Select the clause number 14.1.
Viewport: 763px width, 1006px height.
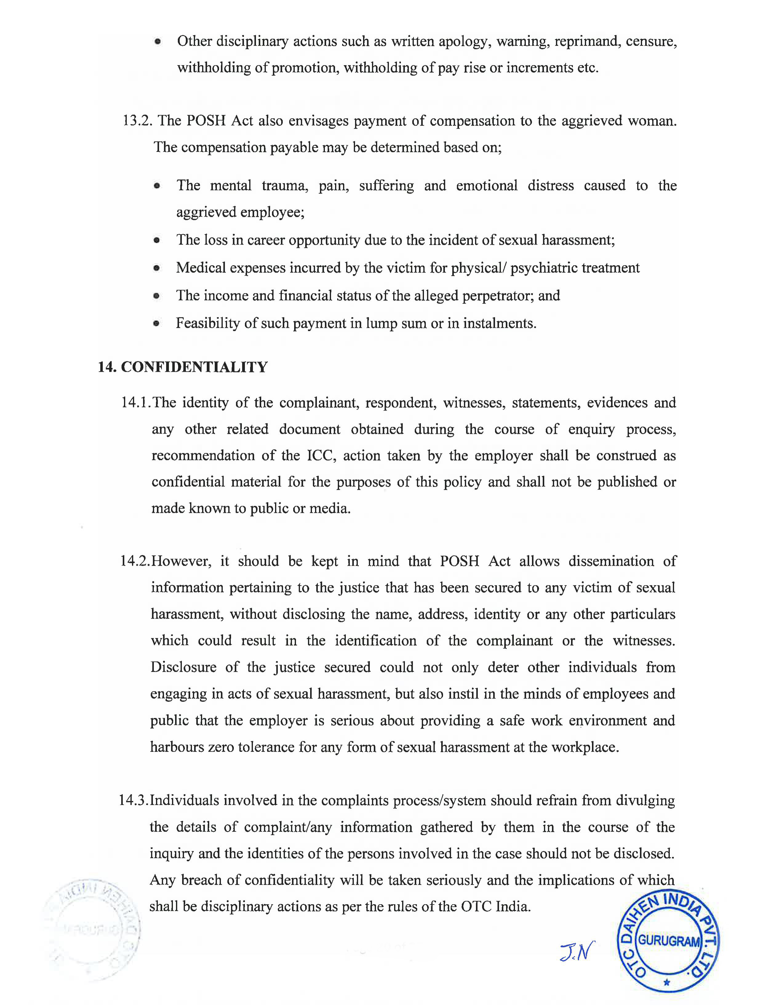[x=135, y=403]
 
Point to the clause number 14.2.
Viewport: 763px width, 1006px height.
[x=134, y=561]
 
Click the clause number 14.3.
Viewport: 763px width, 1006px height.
[x=134, y=800]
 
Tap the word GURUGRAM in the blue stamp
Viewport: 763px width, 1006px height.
[x=668, y=941]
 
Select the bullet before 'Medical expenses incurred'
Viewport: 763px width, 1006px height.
[x=157, y=268]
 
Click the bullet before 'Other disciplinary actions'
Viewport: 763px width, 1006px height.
[x=158, y=42]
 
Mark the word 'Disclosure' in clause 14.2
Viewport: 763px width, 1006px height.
[x=183, y=668]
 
